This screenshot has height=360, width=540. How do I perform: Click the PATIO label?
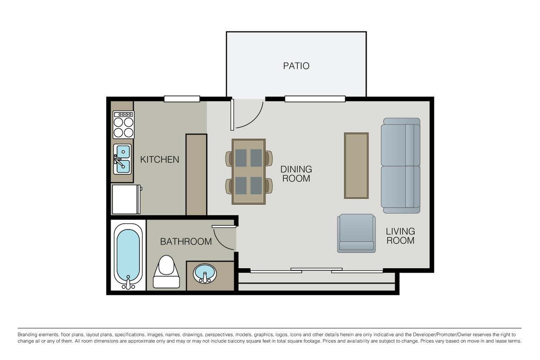(296, 66)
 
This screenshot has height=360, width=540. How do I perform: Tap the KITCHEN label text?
(159, 160)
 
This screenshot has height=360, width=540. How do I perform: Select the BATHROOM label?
(186, 242)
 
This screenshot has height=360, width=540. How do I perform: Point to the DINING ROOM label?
(296, 174)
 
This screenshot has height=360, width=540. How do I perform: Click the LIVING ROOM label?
(400, 236)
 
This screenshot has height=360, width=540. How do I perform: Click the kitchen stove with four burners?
(123, 125)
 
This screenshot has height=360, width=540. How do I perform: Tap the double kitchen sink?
(123, 159)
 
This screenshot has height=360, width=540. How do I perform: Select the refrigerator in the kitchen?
(126, 199)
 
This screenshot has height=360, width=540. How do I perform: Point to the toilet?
(166, 272)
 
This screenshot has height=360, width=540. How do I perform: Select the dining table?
(249, 172)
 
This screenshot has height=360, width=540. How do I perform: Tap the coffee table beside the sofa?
(356, 166)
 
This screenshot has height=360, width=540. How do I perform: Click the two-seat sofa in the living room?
(401, 166)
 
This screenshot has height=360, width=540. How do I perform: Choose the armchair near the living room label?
(356, 233)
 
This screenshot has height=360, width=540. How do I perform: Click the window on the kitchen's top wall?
(182, 99)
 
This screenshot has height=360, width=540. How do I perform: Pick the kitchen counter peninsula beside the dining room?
(196, 174)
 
